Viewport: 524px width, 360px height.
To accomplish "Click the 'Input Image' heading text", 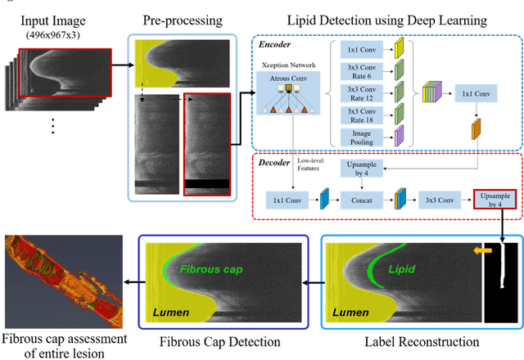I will point(51,18).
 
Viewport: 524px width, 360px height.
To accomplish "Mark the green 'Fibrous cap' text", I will point(207,268).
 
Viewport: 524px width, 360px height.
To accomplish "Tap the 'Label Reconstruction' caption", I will point(418,340).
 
